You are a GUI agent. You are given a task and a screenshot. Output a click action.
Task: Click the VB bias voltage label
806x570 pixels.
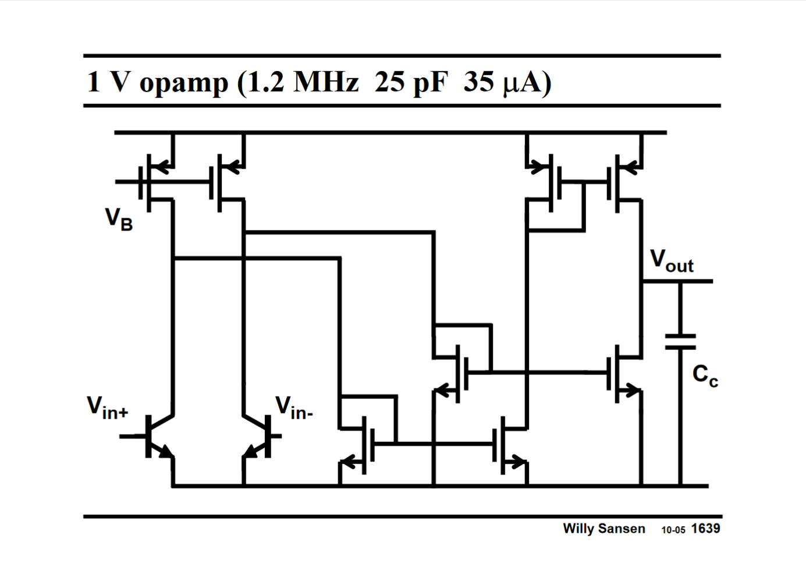pos(119,219)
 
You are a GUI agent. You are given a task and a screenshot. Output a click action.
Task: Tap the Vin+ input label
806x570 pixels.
pos(108,408)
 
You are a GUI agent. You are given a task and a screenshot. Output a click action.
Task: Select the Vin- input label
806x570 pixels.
pos(294,408)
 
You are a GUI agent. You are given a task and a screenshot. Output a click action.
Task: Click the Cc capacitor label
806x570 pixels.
pos(705,375)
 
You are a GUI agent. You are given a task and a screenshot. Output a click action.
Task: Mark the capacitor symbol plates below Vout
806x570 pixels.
pos(680,342)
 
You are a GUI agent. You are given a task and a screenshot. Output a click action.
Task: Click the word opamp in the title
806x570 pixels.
pos(183,82)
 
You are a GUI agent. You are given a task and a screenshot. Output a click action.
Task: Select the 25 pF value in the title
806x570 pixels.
pos(411,82)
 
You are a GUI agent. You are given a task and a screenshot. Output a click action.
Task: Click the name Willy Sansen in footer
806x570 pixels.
pos(603,529)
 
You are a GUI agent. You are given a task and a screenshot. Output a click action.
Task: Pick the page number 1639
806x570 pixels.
pos(705,529)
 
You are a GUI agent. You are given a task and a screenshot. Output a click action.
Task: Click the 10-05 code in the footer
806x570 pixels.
pos(673,530)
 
